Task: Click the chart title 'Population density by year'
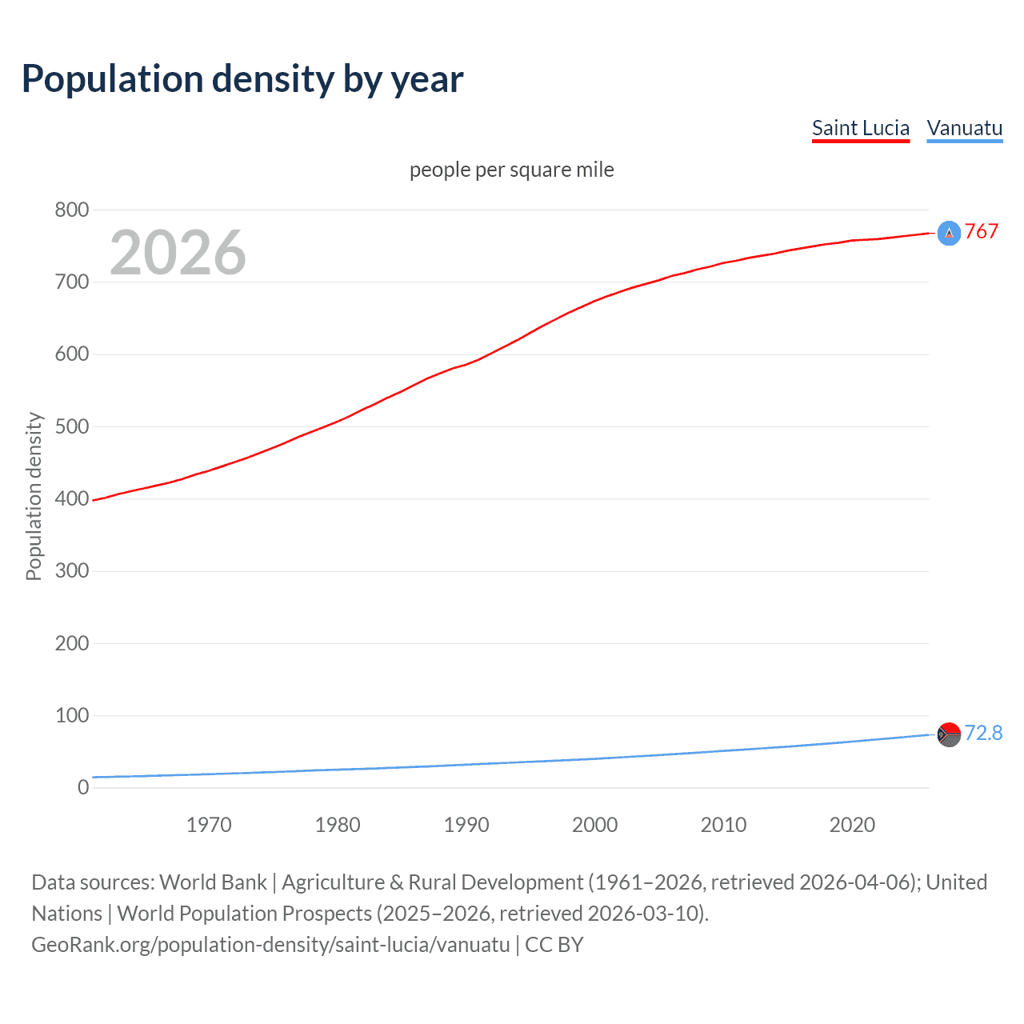[x=242, y=79]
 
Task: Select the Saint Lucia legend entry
[x=860, y=129]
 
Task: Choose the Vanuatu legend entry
[x=964, y=129]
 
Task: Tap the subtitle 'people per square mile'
[x=511, y=170]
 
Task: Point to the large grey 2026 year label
[x=178, y=253]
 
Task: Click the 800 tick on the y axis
[x=72, y=210]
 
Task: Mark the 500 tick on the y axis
[x=72, y=426]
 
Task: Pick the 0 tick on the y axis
[x=83, y=788]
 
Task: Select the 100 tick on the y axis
[x=72, y=715]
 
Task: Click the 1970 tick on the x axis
[x=209, y=825]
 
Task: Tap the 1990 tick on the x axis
[x=466, y=825]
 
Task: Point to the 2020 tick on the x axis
[x=852, y=825]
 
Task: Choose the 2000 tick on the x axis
[x=594, y=825]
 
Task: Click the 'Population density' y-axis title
[x=34, y=496]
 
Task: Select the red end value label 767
[x=982, y=232]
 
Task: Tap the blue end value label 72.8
[x=983, y=734]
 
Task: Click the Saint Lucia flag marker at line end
[x=949, y=233]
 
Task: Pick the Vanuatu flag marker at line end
[x=949, y=734]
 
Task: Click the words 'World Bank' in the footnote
[x=213, y=882]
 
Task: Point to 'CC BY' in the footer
[x=554, y=945]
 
